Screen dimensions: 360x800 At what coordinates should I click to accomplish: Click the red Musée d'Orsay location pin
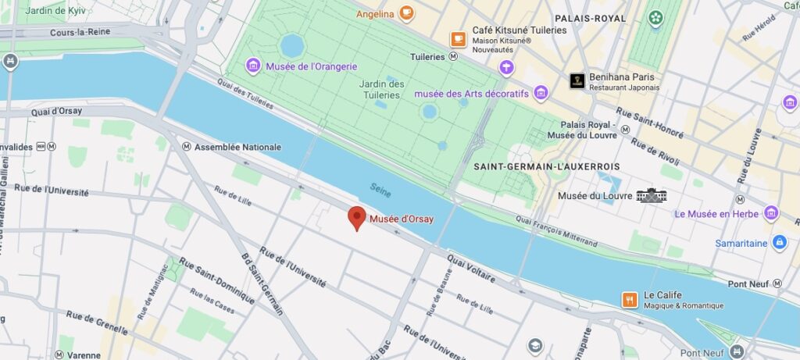coord(356,218)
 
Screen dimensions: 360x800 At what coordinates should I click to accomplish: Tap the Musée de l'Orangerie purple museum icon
coord(252,65)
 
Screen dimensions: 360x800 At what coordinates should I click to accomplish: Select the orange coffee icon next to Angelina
coord(405,12)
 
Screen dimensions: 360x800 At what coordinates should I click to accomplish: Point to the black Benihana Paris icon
coord(577,80)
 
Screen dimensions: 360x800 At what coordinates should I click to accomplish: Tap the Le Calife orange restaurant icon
coord(630,300)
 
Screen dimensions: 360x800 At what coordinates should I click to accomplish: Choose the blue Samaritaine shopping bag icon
coord(779,243)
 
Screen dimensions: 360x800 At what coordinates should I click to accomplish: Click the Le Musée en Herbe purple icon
coord(772,213)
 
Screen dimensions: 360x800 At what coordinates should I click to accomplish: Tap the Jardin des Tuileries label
coord(381,90)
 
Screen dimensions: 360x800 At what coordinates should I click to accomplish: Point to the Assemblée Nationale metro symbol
coord(186,147)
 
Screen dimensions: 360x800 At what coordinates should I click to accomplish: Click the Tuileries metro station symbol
coord(453,57)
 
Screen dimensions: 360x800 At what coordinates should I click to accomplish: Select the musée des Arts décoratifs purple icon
coord(541,94)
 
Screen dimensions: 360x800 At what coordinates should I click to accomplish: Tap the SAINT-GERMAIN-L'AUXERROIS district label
coord(546,167)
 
